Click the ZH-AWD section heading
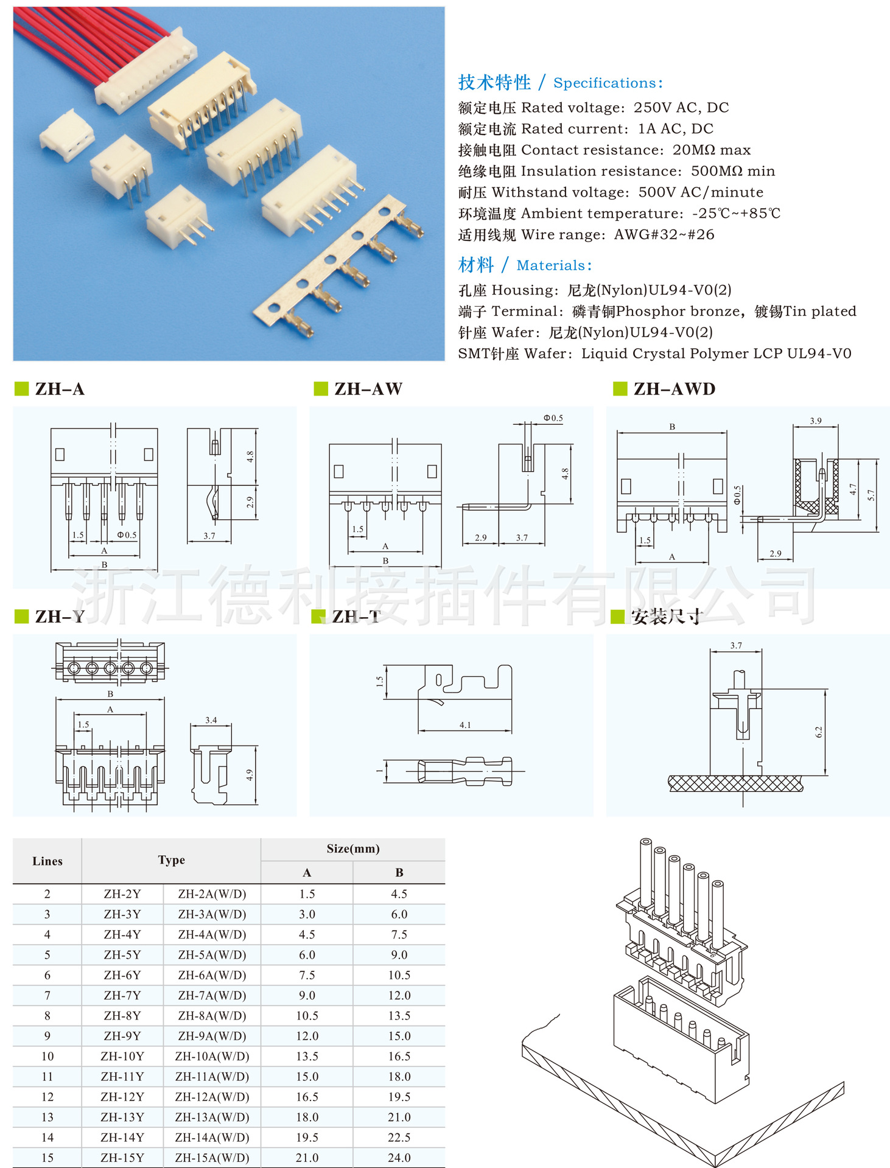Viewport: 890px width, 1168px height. [x=674, y=389]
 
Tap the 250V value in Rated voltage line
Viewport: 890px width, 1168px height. [x=653, y=108]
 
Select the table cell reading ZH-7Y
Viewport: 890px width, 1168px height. [x=122, y=995]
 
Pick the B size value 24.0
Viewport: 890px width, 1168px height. [x=399, y=1158]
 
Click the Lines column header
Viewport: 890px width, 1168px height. [x=47, y=861]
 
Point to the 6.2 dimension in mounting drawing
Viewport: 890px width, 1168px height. [x=818, y=732]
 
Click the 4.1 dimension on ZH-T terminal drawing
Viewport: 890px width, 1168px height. [x=465, y=725]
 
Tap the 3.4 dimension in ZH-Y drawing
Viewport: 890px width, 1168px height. [x=211, y=720]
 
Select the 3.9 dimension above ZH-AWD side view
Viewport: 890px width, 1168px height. [x=815, y=421]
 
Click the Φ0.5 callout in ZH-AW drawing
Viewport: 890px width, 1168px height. [x=553, y=418]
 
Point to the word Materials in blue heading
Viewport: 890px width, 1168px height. [x=550, y=265]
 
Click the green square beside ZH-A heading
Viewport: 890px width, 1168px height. [x=21, y=389]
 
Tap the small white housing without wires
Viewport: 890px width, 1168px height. [x=67, y=135]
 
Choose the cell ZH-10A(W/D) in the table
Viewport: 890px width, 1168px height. [x=212, y=1056]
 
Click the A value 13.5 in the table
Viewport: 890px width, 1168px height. [x=307, y=1056]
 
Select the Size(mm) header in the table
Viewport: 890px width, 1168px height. [x=353, y=848]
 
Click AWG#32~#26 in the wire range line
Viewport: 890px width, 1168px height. [x=664, y=235]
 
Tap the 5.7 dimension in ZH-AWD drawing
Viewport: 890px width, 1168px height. [x=871, y=495]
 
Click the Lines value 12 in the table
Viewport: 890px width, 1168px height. [x=47, y=1097]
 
